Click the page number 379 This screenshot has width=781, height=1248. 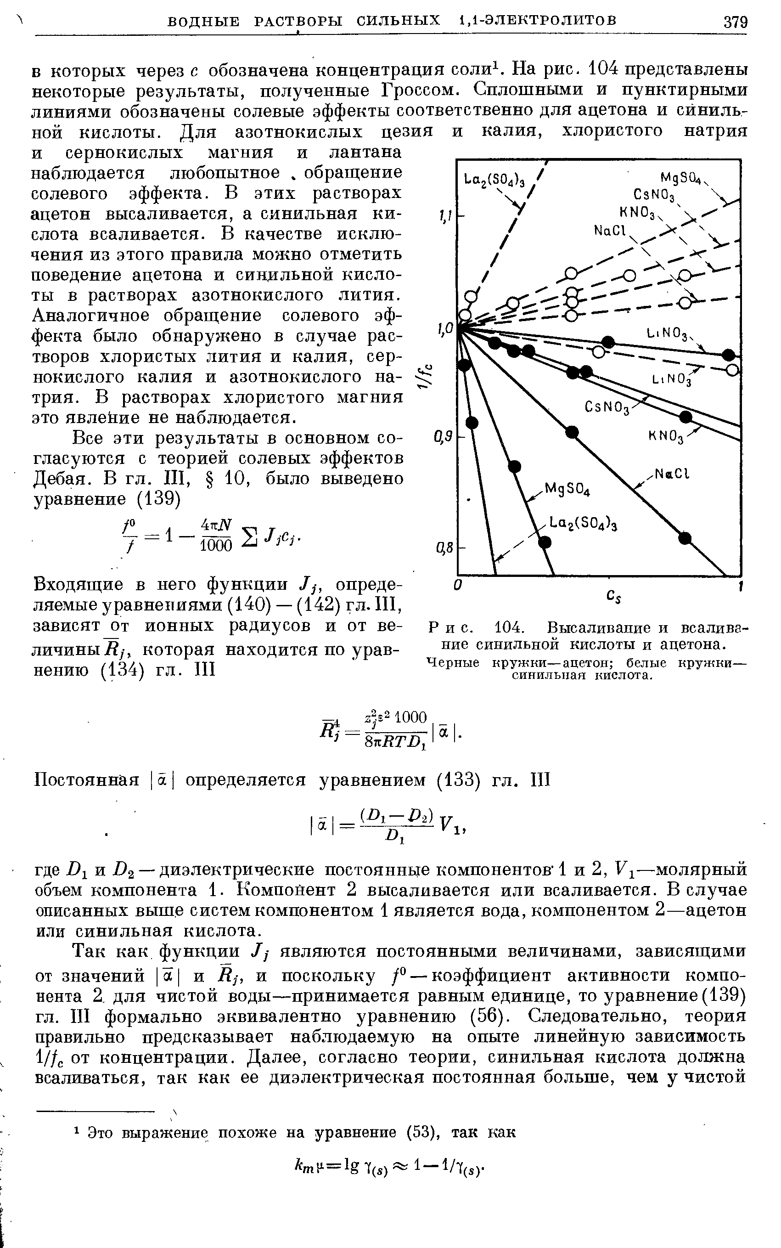(x=735, y=22)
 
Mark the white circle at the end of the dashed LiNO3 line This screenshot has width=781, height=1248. (x=732, y=370)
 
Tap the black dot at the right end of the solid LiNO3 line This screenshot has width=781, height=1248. (x=728, y=355)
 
